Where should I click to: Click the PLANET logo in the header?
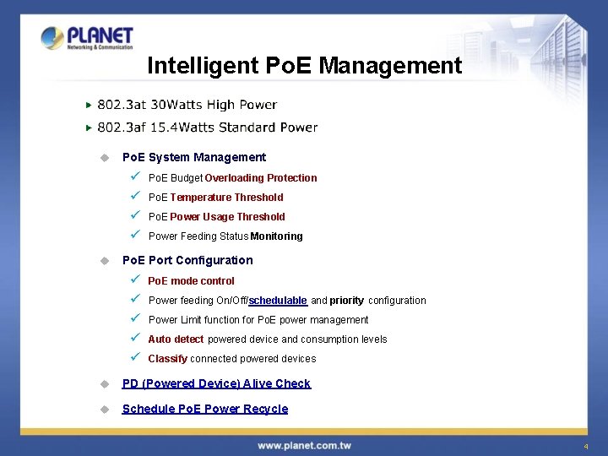(87, 38)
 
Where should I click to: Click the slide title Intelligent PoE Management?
(304, 66)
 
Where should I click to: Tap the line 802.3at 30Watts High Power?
(187, 105)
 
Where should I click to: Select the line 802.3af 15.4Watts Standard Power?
(207, 128)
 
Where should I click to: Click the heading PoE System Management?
(193, 157)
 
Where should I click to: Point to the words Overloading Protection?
(260, 178)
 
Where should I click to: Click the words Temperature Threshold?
(226, 198)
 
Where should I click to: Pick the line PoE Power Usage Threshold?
(216, 217)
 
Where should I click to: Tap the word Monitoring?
(276, 236)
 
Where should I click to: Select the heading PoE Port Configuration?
(187, 260)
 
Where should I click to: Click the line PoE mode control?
(191, 281)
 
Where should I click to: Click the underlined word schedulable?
(278, 301)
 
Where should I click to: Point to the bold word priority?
(346, 301)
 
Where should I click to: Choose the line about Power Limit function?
(258, 320)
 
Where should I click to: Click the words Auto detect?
(176, 339)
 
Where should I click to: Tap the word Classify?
(167, 359)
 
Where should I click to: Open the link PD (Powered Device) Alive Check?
(216, 383)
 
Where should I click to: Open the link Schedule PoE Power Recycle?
(205, 409)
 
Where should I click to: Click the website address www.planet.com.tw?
(305, 445)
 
